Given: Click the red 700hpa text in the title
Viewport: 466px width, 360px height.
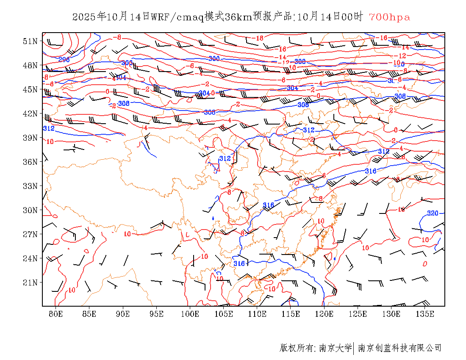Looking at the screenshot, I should pyautogui.click(x=389, y=17).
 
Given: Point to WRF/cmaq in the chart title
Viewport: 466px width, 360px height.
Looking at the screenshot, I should pyautogui.click(x=177, y=17).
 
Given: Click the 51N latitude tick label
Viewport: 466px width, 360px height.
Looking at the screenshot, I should pyautogui.click(x=30, y=41).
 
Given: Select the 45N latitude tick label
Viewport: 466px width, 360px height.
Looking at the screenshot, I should pyautogui.click(x=30, y=89).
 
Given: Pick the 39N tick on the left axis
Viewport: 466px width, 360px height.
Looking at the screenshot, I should pyautogui.click(x=30, y=138).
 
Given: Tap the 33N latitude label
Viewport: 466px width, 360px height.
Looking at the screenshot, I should pyautogui.click(x=30, y=186).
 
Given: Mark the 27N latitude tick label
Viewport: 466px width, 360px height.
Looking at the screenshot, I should pyautogui.click(x=30, y=234).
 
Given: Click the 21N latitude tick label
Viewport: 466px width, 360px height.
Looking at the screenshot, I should pyautogui.click(x=30, y=282).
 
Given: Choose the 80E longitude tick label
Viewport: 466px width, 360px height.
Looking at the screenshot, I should pyautogui.click(x=56, y=314).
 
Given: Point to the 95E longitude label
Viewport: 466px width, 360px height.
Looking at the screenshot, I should pyautogui.click(x=157, y=314).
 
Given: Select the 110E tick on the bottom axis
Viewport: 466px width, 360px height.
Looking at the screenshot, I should pyautogui.click(x=257, y=314).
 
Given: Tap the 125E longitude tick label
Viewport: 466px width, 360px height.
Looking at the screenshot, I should pyautogui.click(x=358, y=314).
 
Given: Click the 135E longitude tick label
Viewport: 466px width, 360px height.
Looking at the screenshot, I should pyautogui.click(x=425, y=314).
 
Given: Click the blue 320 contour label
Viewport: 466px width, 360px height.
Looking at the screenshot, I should pyautogui.click(x=433, y=213).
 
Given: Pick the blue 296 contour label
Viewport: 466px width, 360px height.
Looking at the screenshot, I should pyautogui.click(x=64, y=60).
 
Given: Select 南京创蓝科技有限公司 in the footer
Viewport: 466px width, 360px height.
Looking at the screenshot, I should pyautogui.click(x=399, y=348).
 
